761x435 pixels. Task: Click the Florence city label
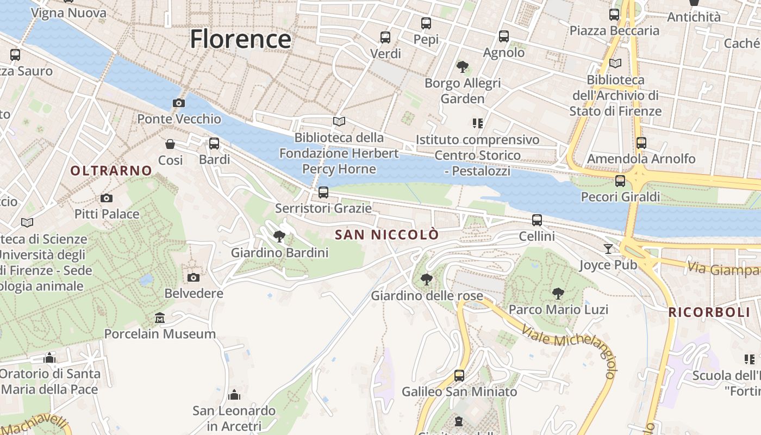click(240, 39)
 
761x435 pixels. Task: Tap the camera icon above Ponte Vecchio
click(178, 103)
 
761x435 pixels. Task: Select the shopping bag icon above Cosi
click(170, 144)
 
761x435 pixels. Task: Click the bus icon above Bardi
click(214, 144)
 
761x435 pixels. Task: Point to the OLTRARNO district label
click(111, 171)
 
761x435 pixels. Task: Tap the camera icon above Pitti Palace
click(107, 198)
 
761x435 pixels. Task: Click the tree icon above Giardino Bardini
click(279, 236)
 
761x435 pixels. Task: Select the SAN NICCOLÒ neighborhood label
click(387, 235)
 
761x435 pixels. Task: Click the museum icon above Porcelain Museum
click(160, 318)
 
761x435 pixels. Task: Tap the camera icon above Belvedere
click(193, 278)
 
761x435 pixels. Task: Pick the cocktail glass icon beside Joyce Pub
click(608, 249)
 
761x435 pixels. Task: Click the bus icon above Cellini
click(537, 220)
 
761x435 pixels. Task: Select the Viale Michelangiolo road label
click(571, 348)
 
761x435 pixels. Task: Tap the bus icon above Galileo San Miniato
click(459, 375)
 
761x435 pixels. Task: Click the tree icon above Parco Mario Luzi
click(558, 294)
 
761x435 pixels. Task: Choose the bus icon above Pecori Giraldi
click(620, 181)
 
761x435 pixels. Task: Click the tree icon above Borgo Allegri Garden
click(463, 67)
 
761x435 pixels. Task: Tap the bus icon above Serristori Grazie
click(323, 192)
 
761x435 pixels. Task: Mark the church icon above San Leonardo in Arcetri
click(234, 394)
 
